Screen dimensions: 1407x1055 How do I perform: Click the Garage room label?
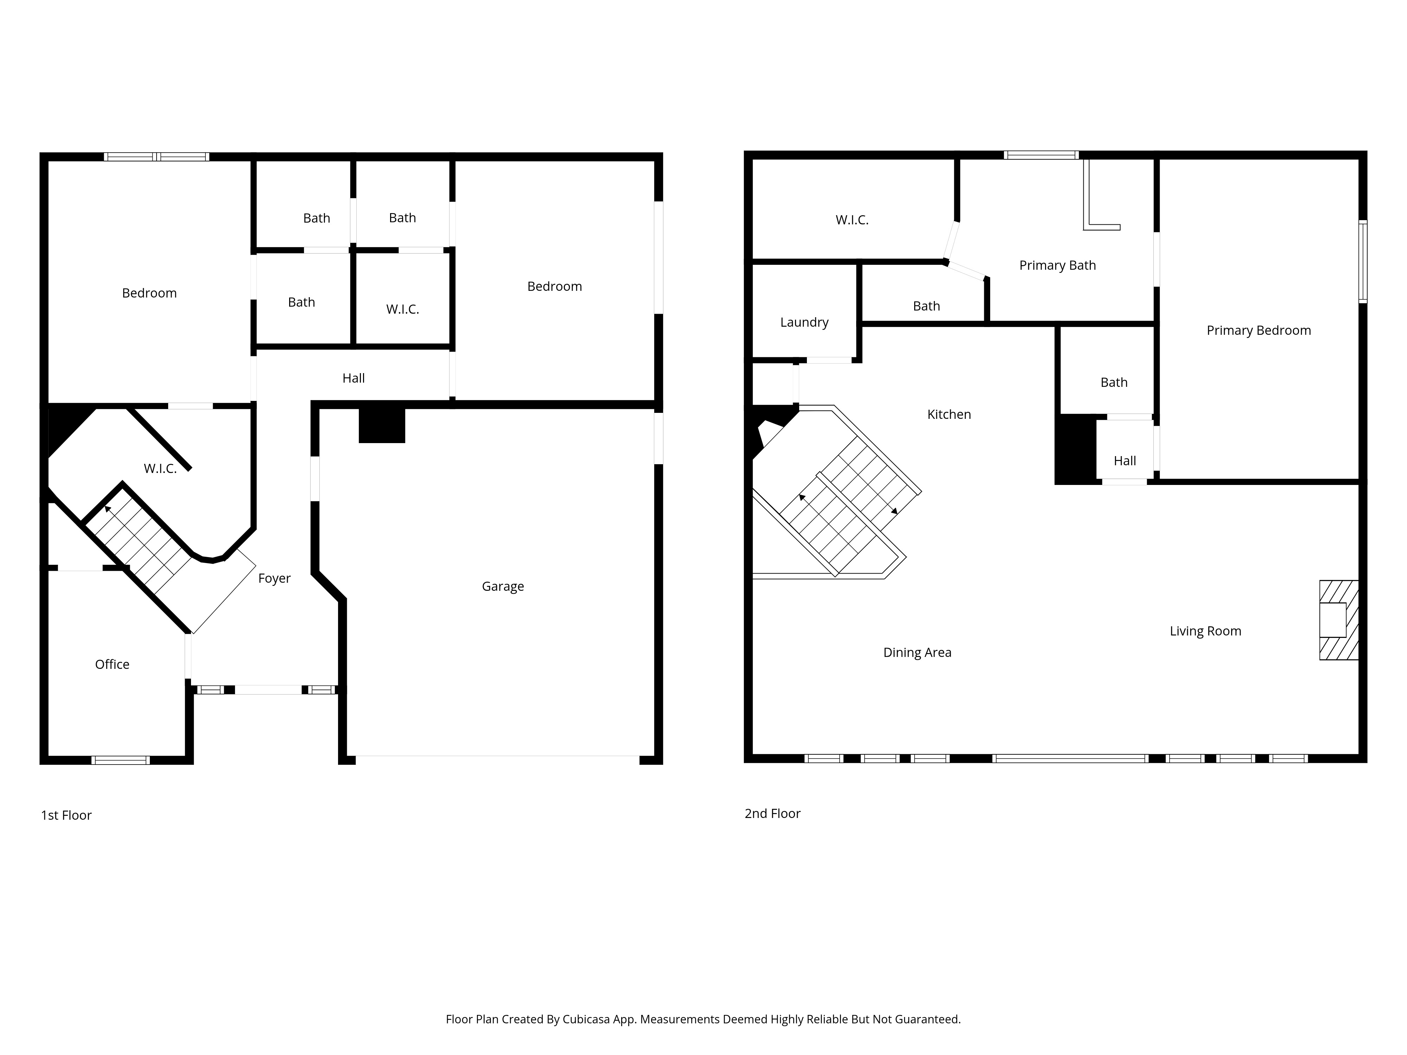[x=503, y=586]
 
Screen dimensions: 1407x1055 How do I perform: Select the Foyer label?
[x=274, y=578]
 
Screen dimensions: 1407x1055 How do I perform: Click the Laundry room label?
[x=804, y=322]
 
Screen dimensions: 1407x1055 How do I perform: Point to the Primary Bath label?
[x=1057, y=265]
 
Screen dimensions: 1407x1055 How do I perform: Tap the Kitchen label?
[x=949, y=415]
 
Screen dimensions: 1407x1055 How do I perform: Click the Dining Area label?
[x=917, y=652]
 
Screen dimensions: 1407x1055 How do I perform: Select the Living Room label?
[x=1205, y=631]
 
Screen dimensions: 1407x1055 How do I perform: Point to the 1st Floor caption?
[x=66, y=815]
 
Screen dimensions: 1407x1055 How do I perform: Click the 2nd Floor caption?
[x=772, y=813]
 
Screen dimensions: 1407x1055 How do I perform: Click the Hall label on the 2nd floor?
[x=1125, y=461]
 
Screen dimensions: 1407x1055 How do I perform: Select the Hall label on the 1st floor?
[x=354, y=378]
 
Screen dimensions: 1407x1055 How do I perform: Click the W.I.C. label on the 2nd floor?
[x=852, y=220]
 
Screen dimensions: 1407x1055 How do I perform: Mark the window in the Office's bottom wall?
[x=121, y=760]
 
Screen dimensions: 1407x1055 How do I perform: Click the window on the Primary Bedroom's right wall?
[x=1362, y=261]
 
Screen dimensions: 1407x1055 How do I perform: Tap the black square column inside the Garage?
[x=382, y=425]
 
